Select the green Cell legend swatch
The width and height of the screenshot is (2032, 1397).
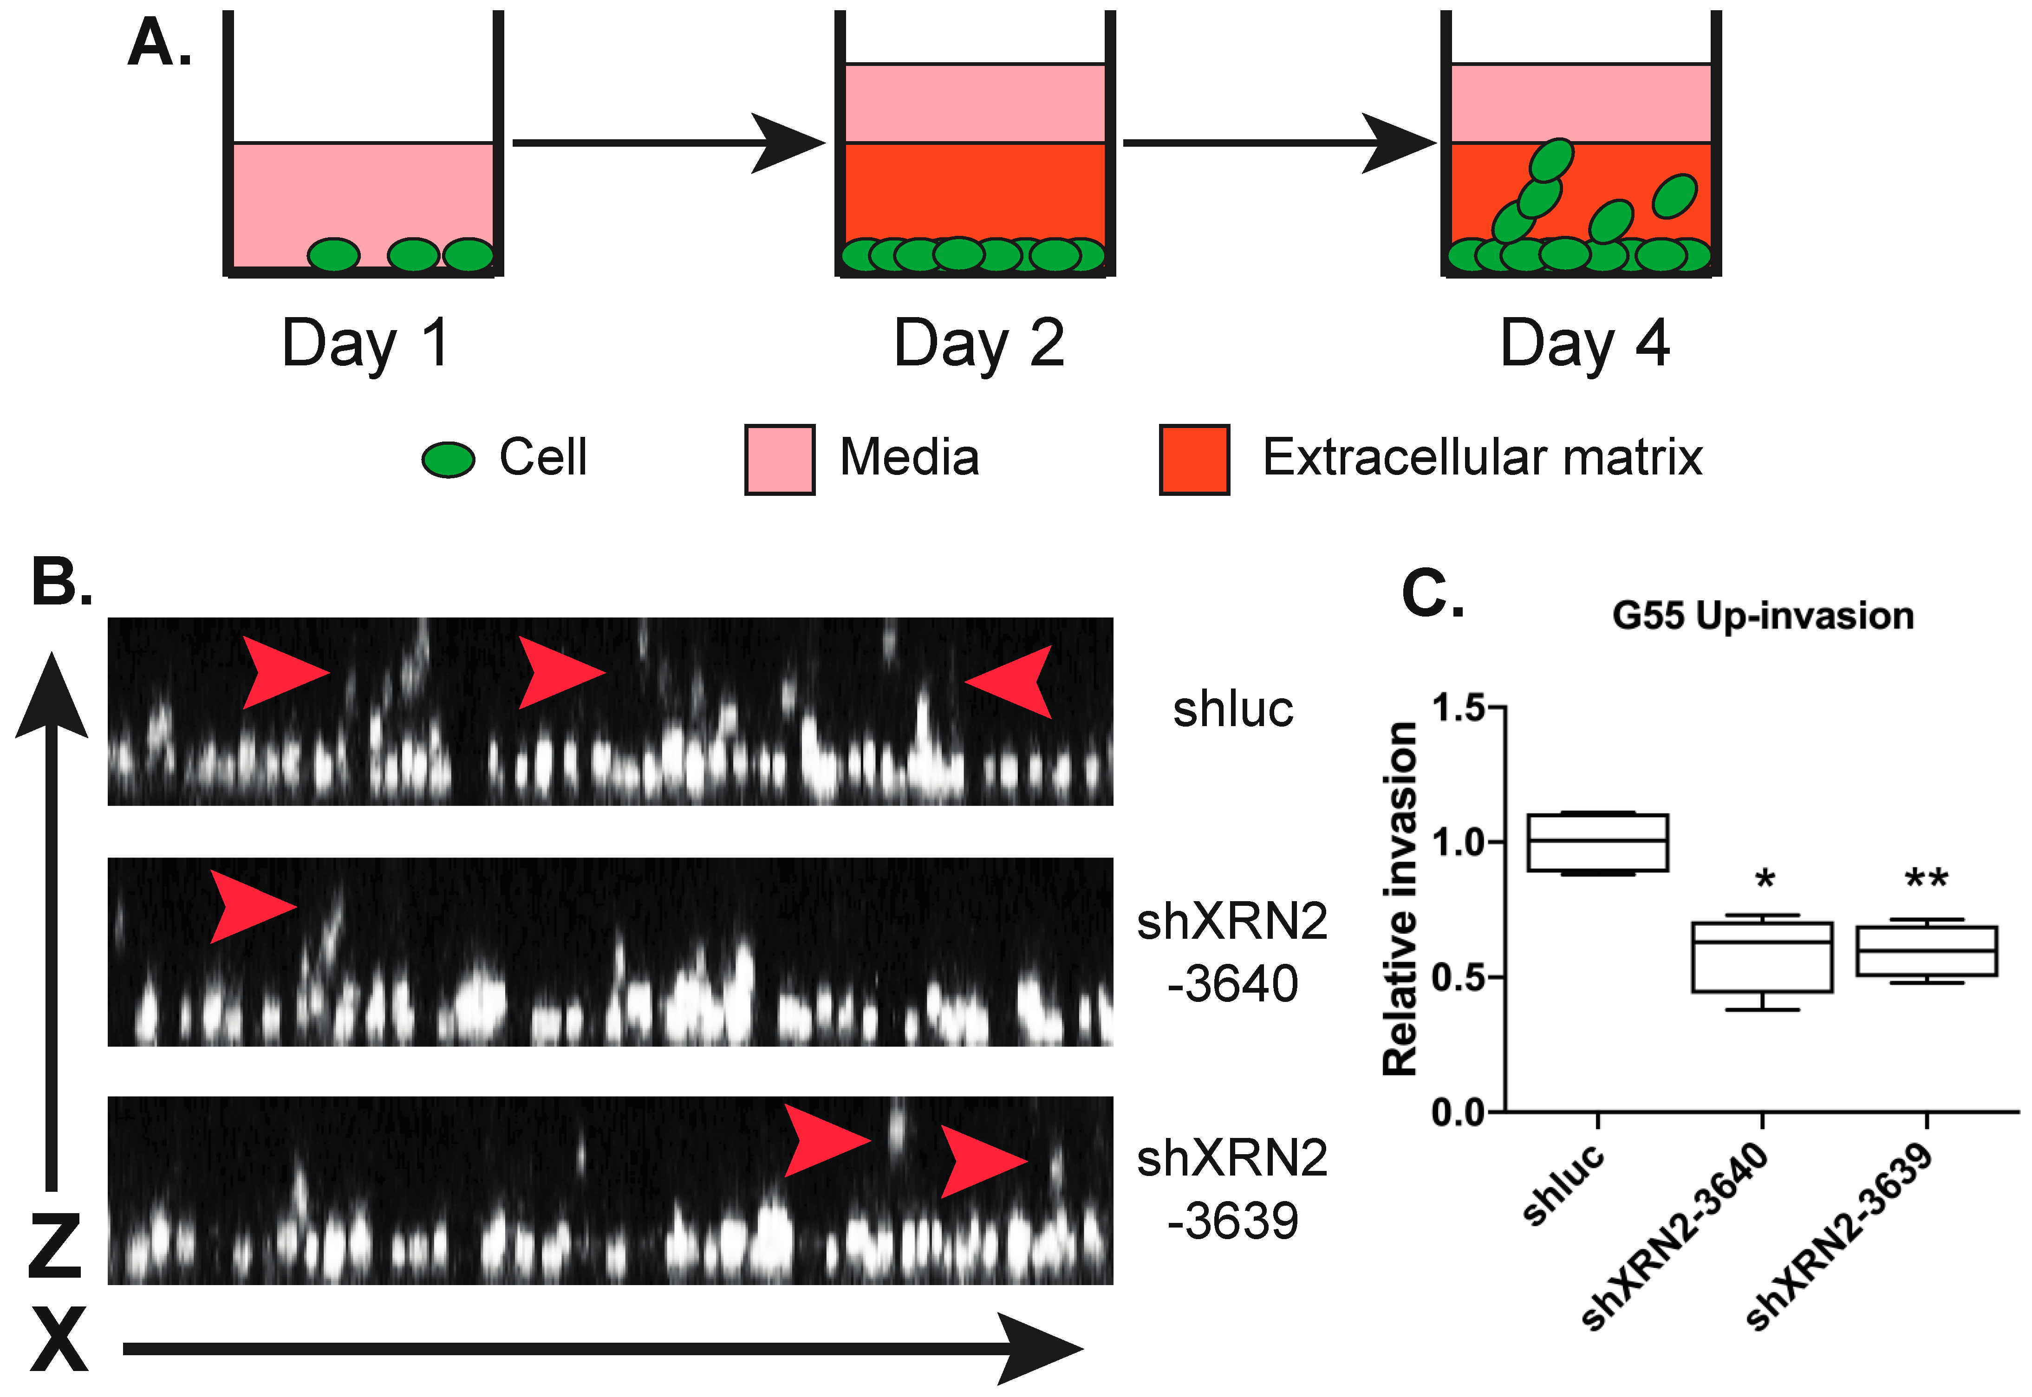(448, 459)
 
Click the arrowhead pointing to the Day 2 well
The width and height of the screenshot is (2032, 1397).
(788, 143)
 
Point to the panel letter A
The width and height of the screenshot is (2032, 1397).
(158, 44)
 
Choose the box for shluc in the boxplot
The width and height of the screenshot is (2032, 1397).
(1598, 842)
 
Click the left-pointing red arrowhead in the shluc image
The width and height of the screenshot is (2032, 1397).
(1011, 681)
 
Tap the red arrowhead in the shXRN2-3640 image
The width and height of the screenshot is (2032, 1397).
(251, 906)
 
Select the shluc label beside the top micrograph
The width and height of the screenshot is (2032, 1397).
(1233, 709)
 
